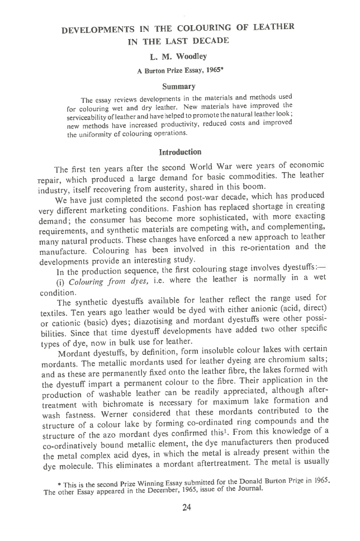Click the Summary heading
pos(178,86)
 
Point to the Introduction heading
pos(180,152)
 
